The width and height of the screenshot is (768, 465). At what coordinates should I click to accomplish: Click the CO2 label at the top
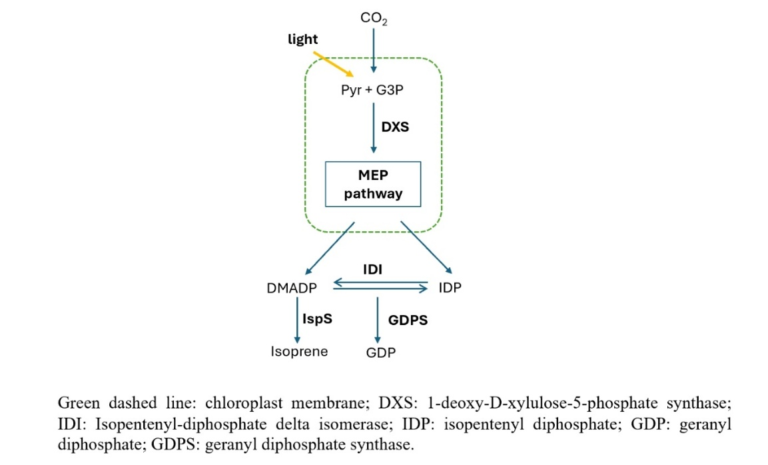pyautogui.click(x=374, y=19)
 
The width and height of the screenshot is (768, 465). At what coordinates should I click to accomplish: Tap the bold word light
pyautogui.click(x=302, y=39)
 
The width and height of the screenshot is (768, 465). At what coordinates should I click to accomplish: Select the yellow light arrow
pyautogui.click(x=333, y=63)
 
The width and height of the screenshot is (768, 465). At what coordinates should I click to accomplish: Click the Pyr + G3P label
pyautogui.click(x=372, y=90)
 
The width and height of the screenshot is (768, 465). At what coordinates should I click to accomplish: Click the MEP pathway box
pyautogui.click(x=373, y=185)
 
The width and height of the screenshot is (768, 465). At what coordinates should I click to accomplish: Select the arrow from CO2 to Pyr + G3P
pyautogui.click(x=374, y=50)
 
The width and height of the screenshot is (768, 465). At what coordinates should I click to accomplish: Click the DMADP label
pyautogui.click(x=290, y=288)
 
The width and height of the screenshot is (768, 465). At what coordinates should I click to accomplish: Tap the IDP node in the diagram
pyautogui.click(x=450, y=288)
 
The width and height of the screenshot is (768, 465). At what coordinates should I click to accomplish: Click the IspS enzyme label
pyautogui.click(x=317, y=318)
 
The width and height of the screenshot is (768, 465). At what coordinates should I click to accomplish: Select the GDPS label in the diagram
pyautogui.click(x=407, y=320)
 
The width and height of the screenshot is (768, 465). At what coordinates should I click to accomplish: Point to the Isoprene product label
pyautogui.click(x=299, y=351)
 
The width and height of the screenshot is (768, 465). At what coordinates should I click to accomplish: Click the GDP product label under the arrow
pyautogui.click(x=381, y=352)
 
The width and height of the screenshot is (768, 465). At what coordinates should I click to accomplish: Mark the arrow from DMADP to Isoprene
pyautogui.click(x=288, y=320)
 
